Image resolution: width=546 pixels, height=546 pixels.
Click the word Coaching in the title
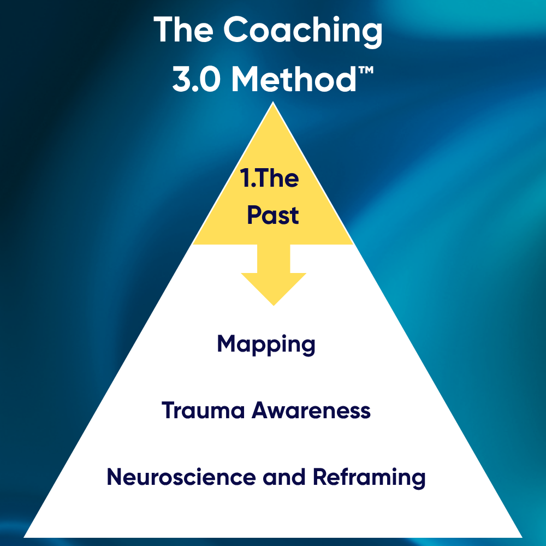pos(302,31)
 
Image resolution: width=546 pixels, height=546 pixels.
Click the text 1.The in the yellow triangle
pos(270,179)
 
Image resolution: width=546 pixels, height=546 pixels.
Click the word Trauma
pos(203,411)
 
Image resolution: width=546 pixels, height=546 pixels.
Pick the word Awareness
pos(311,411)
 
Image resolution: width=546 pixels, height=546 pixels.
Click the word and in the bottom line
pos(284,477)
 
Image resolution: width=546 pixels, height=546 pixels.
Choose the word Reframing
pos(369,477)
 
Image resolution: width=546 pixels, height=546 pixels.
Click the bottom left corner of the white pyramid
pos(25,536)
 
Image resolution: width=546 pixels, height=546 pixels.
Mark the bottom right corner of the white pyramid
pos(521,536)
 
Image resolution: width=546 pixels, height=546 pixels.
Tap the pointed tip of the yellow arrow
pos(273,305)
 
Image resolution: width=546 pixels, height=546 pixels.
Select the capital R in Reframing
pos(319,477)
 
